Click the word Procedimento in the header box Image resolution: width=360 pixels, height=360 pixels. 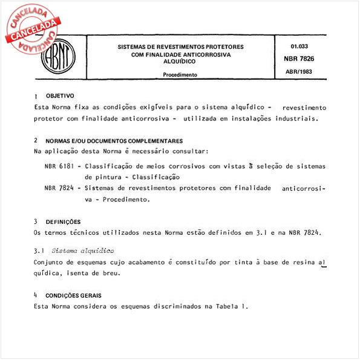(x=180, y=75)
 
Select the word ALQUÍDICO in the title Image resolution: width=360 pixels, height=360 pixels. (x=180, y=62)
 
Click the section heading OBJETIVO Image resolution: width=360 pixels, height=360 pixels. (x=60, y=96)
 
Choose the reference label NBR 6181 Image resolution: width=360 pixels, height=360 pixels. (x=60, y=166)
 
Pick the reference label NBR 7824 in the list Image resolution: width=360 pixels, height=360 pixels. (x=60, y=188)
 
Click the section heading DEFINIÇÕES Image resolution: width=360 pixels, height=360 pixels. (x=63, y=221)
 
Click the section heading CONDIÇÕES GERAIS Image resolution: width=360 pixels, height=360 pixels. (x=73, y=295)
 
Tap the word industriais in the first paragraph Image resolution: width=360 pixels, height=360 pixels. (x=296, y=119)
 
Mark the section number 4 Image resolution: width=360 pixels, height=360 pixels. (x=36, y=295)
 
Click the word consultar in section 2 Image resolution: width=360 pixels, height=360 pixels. (x=188, y=151)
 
